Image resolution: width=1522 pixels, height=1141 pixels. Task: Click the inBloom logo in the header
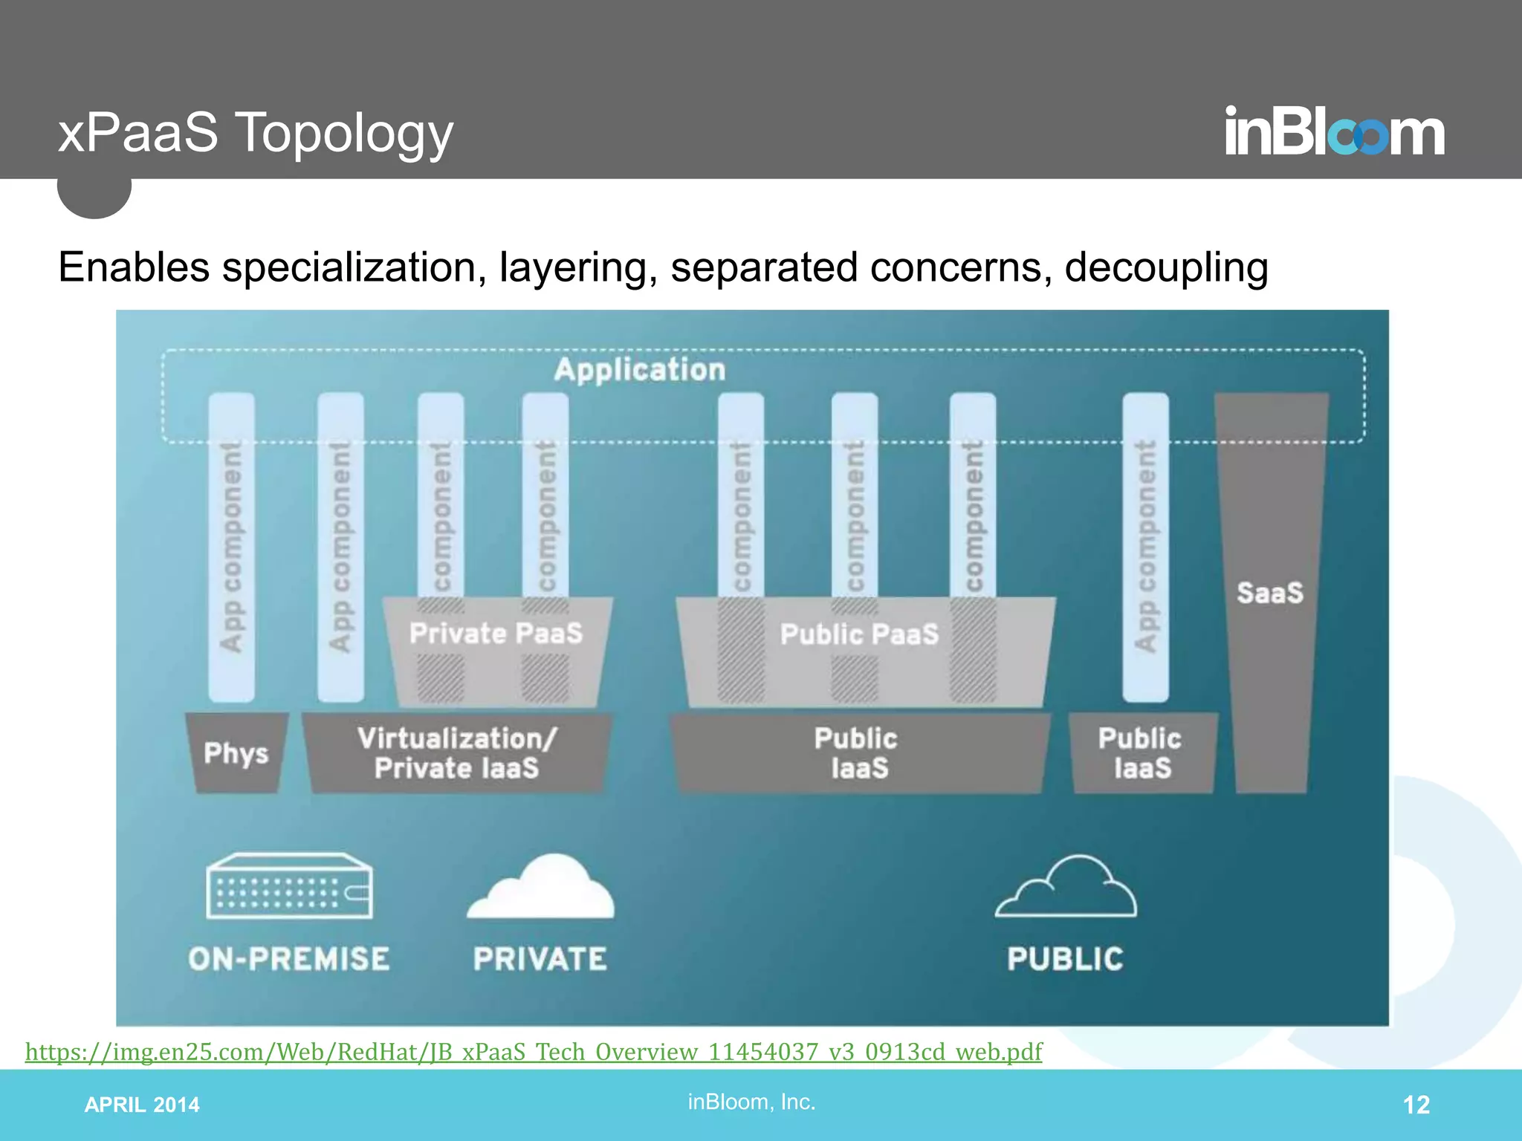point(1334,131)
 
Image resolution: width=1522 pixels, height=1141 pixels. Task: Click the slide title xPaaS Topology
point(256,133)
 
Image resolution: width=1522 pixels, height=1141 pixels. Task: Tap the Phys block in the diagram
point(236,753)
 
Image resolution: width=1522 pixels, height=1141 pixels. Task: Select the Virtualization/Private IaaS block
point(457,753)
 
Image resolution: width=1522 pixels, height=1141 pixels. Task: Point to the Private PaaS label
point(496,634)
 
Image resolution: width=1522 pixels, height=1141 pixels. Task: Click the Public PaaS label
point(860,634)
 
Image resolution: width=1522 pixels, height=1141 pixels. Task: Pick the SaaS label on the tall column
point(1270,593)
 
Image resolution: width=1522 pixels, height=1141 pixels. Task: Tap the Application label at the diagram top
point(640,370)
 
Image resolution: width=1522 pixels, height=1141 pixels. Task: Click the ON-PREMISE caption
point(289,959)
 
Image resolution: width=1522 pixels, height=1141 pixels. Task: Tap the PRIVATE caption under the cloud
point(540,959)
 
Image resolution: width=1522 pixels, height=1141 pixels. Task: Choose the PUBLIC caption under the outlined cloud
point(1065,959)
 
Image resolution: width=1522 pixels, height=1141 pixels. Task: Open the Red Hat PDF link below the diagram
point(534,1052)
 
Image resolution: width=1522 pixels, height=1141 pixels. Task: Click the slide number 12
point(1416,1105)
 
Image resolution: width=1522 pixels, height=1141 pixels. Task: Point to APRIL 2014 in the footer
point(142,1105)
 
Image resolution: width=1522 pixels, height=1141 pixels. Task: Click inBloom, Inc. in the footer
point(751,1102)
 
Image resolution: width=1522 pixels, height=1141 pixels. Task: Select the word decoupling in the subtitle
point(1166,268)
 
